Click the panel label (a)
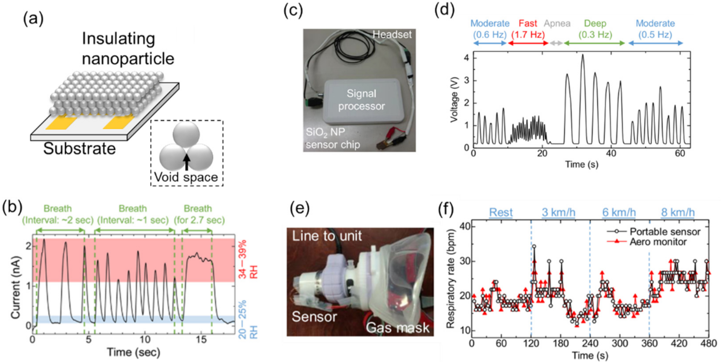tap(34, 19)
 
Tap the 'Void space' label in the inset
tap(186, 177)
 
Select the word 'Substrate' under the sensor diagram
tap(79, 148)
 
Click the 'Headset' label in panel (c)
tap(392, 34)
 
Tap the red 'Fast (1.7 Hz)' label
tap(528, 29)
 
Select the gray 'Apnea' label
tap(557, 23)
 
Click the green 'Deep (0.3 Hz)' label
tap(595, 29)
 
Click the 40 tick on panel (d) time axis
tap(611, 154)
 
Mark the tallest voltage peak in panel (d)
tap(583, 56)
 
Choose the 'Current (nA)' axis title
tap(16, 281)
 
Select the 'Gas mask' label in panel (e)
tap(397, 327)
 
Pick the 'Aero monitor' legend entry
tap(658, 241)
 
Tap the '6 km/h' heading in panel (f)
tap(619, 212)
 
